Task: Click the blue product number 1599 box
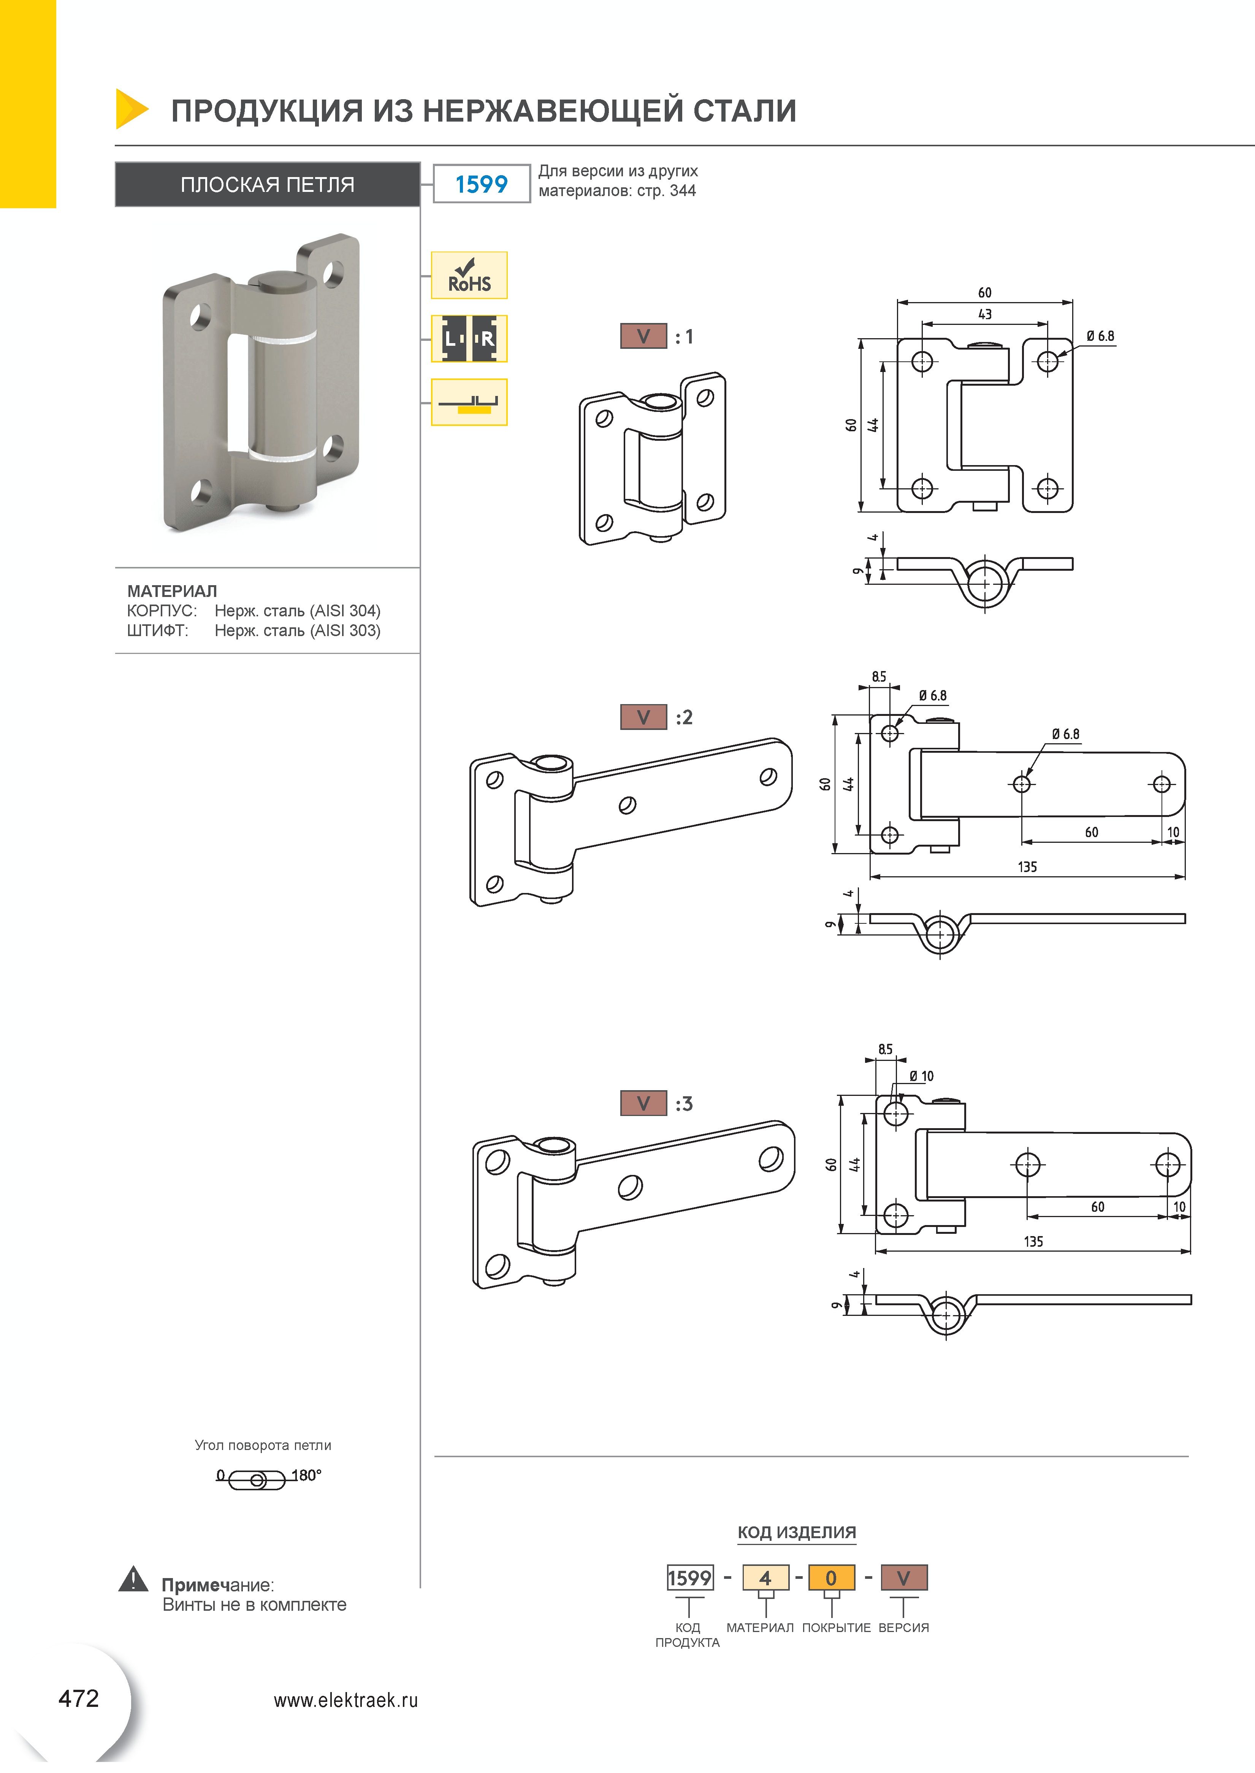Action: tap(482, 184)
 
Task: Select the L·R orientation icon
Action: tap(469, 339)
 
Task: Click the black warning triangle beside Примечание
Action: tap(133, 1579)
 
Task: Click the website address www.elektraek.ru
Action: tap(345, 1700)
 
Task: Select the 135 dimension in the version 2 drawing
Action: tap(1027, 867)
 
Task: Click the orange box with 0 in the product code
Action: tap(832, 1578)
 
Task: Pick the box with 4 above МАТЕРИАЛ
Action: tap(765, 1578)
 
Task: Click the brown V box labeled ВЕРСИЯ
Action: tap(903, 1578)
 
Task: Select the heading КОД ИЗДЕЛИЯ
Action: tap(797, 1532)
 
